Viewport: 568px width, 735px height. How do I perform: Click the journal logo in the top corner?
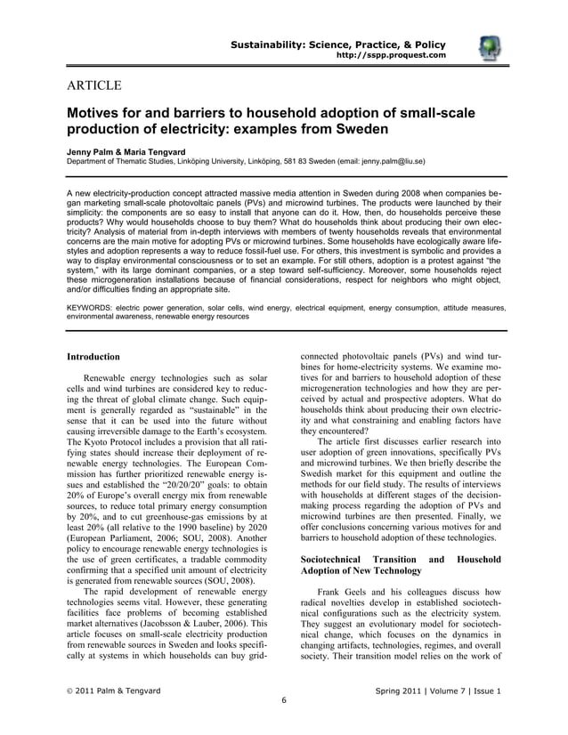click(x=489, y=50)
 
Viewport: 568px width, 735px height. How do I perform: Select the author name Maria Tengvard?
click(x=160, y=152)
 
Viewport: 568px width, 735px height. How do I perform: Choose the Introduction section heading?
click(x=93, y=357)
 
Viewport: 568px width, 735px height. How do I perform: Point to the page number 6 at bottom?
click(x=283, y=700)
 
